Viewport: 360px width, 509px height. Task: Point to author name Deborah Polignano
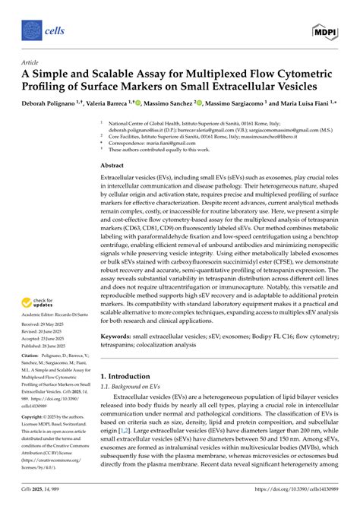[42, 101]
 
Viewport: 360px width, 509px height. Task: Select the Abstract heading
[112, 165]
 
